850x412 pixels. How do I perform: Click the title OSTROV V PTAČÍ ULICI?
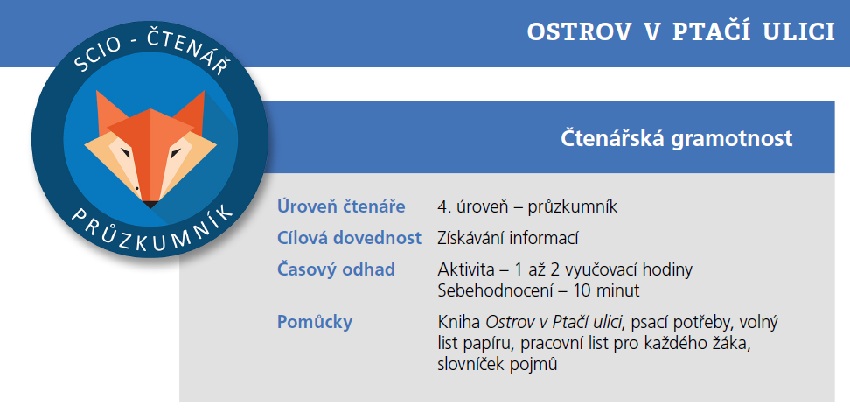point(680,31)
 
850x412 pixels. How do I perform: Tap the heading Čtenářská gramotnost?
point(676,138)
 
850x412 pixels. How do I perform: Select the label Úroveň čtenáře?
point(341,207)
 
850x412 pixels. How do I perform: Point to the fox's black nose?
point(150,205)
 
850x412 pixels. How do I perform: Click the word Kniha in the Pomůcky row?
point(459,322)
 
